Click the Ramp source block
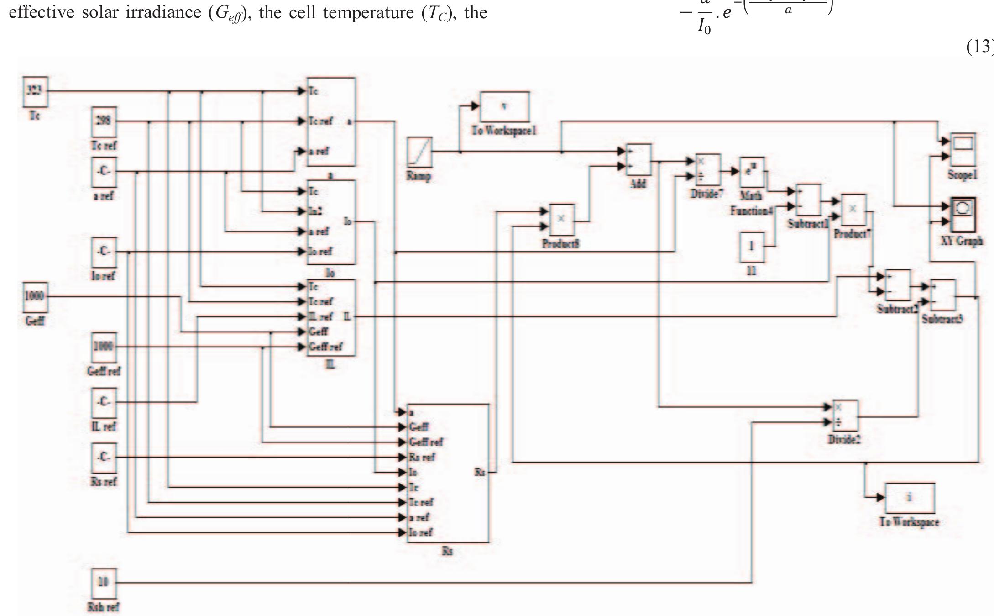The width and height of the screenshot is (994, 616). coord(419,152)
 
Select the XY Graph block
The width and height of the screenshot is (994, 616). coord(963,214)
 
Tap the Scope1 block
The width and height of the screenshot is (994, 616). coord(963,149)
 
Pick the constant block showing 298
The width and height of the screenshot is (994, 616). coord(104,121)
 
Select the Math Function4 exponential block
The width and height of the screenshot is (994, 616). coord(751,172)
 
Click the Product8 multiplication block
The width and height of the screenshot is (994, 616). coord(561,220)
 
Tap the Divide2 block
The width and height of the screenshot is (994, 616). coord(845,416)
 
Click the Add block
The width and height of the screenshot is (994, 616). coord(638,160)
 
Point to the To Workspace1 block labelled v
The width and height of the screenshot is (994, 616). coord(504,106)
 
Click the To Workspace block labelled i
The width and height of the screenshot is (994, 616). coord(909,498)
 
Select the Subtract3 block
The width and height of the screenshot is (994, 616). coord(943,295)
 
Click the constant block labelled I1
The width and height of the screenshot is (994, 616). coord(751,247)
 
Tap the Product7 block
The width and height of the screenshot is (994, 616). coord(853,210)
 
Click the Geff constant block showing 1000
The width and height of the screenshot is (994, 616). coord(35,296)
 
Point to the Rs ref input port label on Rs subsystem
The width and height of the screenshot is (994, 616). coord(422,457)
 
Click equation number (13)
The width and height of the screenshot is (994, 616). coord(979,46)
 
